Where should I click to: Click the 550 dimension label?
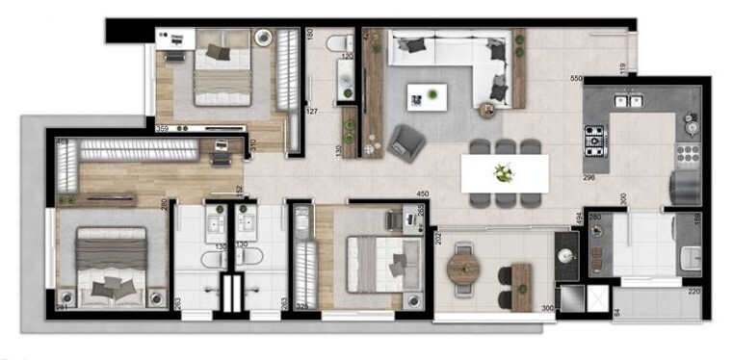[x=578, y=78]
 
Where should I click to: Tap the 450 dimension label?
[x=421, y=193]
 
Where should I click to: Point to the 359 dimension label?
[x=163, y=129]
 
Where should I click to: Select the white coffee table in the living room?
[x=427, y=95]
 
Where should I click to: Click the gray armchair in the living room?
[x=407, y=141]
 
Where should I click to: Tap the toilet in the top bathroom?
[x=338, y=44]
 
